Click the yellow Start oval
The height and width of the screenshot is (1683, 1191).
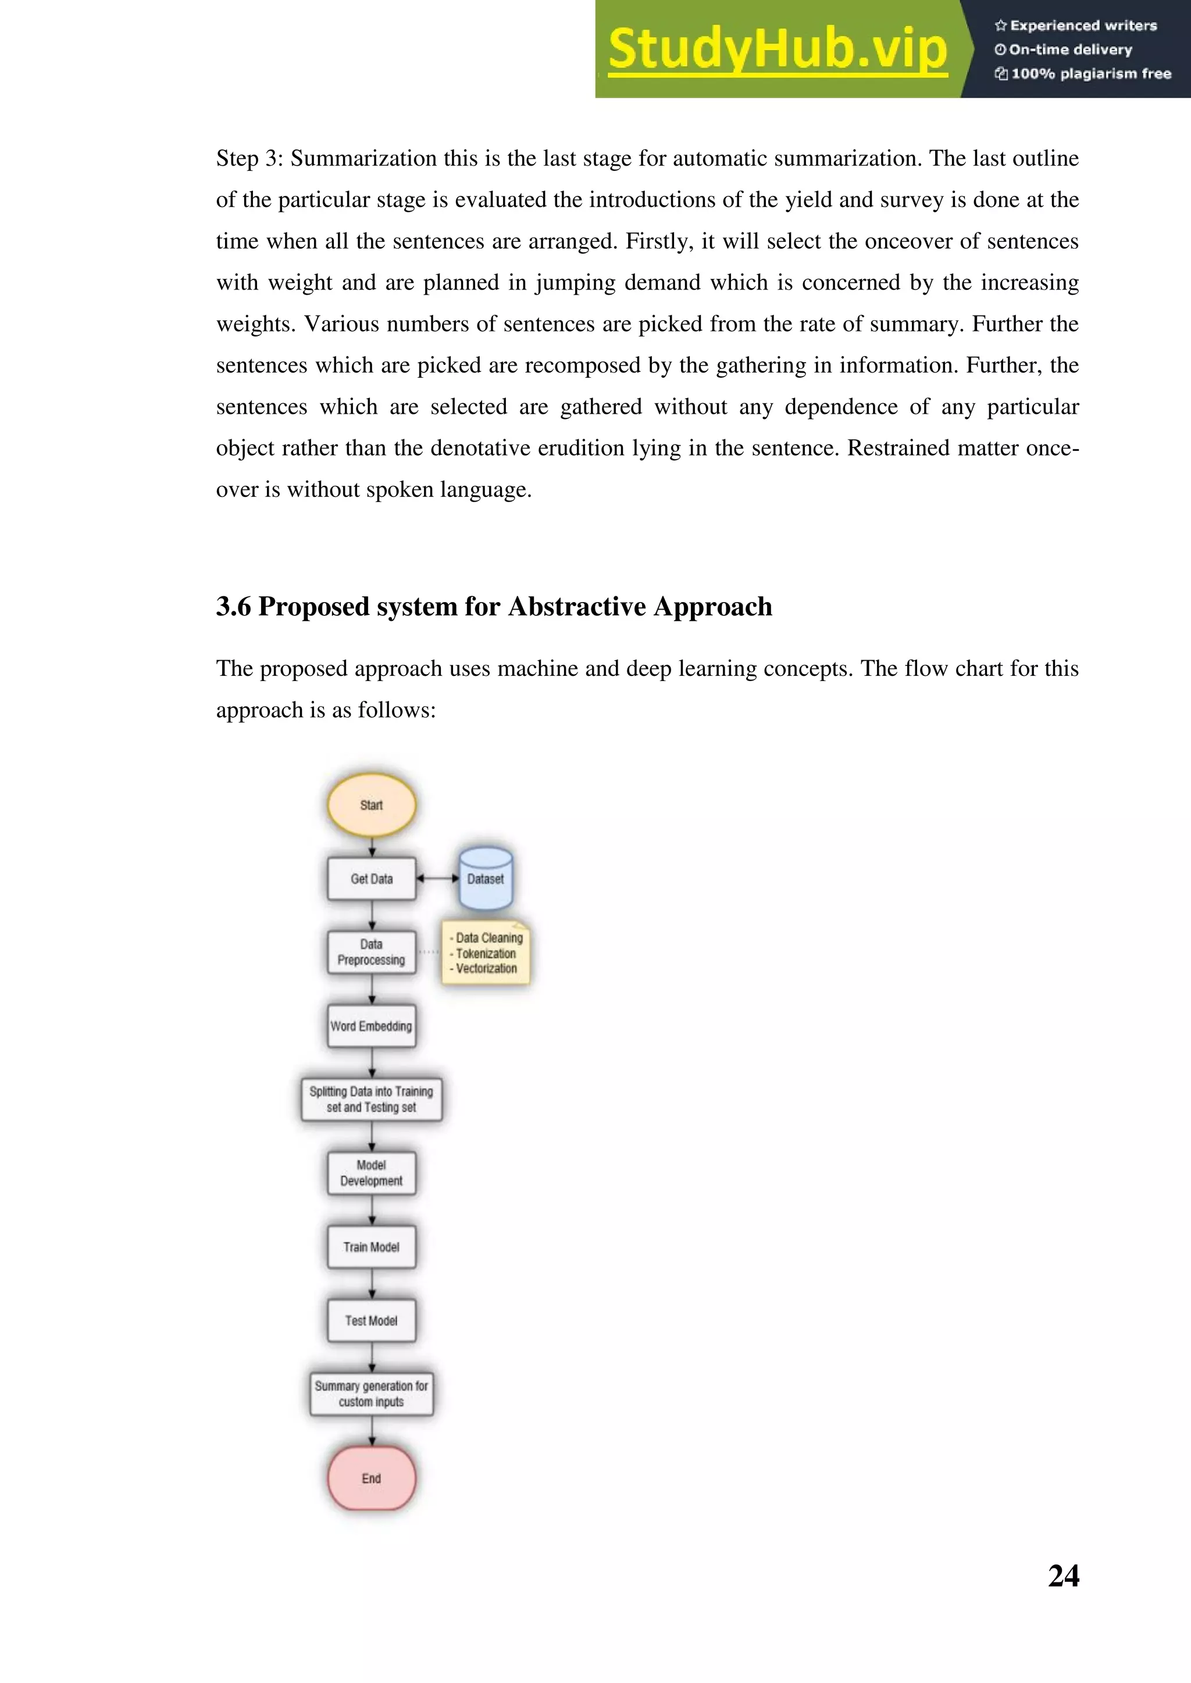click(x=371, y=805)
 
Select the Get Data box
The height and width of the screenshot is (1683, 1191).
click(x=371, y=879)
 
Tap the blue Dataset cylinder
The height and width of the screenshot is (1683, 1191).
click(x=485, y=879)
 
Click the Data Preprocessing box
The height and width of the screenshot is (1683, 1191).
click(x=371, y=952)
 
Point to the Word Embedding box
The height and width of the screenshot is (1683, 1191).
click(x=371, y=1026)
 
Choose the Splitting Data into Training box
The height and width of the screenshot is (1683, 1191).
click(x=371, y=1100)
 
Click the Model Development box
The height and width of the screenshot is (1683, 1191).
click(x=371, y=1173)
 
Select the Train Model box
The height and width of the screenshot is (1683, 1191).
click(x=371, y=1247)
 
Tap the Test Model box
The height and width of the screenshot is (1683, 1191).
click(x=371, y=1320)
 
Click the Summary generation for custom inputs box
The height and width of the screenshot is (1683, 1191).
click(x=371, y=1394)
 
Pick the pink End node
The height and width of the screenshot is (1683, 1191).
click(x=371, y=1478)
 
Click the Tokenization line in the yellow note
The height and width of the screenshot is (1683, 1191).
click(x=486, y=954)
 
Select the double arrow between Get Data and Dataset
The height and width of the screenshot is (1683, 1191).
click(x=437, y=878)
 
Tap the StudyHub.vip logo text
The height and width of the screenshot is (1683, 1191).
click(x=778, y=49)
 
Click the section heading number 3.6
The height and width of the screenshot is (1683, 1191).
click(x=233, y=607)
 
